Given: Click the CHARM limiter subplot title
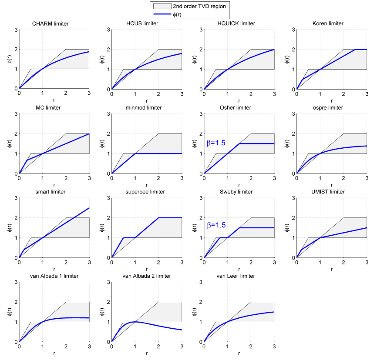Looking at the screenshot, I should click(x=54, y=23).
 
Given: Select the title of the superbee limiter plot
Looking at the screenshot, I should click(x=146, y=192).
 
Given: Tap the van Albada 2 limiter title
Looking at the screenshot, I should click(x=146, y=276).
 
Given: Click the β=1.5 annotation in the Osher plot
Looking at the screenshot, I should click(x=215, y=143).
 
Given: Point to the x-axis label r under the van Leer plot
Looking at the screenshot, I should click(x=239, y=353).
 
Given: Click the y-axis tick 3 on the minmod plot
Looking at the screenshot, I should click(x=108, y=114).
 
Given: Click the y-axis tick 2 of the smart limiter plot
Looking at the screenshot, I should click(x=16, y=218).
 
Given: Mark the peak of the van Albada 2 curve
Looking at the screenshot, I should click(x=135, y=322).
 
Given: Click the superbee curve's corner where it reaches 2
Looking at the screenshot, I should click(x=158, y=218).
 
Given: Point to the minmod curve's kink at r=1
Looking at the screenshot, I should click(x=135, y=153).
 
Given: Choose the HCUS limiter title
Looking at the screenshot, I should click(x=146, y=23).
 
